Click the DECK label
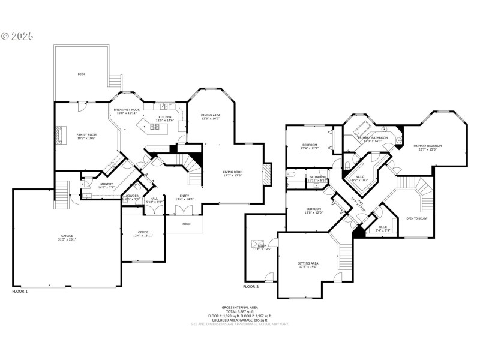(81, 74)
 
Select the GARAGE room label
(67, 236)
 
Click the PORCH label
(187, 225)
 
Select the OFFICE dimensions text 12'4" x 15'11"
(143, 236)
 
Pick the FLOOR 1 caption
(20, 291)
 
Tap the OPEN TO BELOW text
(417, 218)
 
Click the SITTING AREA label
(308, 263)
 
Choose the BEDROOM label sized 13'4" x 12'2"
(310, 145)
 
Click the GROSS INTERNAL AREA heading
(239, 307)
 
